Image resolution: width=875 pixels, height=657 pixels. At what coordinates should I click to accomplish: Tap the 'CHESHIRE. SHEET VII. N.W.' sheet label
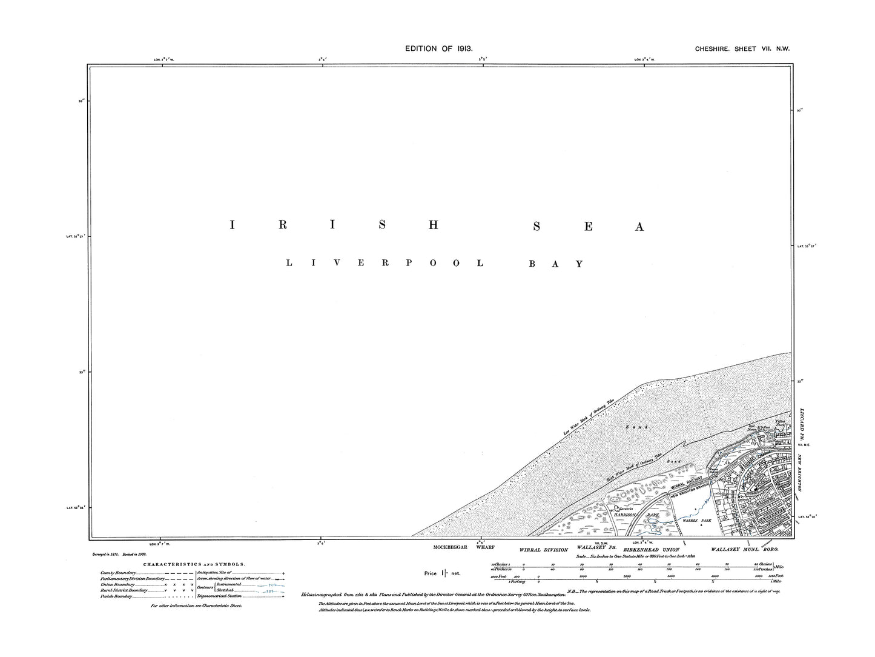[x=742, y=48]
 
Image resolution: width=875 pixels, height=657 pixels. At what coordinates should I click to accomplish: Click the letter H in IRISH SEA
[x=432, y=225]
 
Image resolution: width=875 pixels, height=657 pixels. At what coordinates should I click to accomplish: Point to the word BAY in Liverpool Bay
[x=555, y=264]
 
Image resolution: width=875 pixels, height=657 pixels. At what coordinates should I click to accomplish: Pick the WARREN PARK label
[x=691, y=520]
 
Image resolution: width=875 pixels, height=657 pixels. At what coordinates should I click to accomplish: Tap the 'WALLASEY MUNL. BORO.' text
[x=745, y=549]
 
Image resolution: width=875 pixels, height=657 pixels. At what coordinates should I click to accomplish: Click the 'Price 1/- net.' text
[x=442, y=573]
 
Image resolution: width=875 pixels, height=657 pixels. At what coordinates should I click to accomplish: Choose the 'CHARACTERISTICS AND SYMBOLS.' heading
[x=194, y=564]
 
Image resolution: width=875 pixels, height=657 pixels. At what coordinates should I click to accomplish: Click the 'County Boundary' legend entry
[x=118, y=573]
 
